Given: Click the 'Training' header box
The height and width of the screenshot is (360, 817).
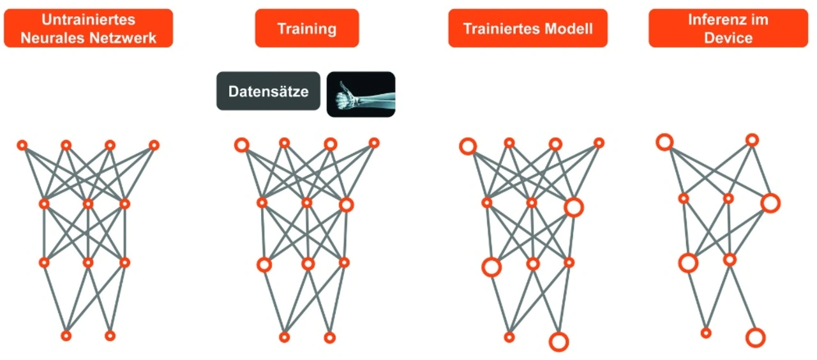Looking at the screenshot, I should (306, 29).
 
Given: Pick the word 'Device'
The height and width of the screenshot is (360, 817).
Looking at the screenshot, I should (728, 38).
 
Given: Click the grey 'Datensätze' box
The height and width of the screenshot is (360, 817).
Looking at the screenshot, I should (268, 91).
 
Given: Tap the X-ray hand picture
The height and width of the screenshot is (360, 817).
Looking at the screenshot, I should (361, 94).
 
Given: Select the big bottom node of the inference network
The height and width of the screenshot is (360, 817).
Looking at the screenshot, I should (755, 337).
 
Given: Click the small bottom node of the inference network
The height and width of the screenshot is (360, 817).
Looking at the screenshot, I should (705, 333).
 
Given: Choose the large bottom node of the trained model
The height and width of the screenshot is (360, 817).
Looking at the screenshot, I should (558, 341).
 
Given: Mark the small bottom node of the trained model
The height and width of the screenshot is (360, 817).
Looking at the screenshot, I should (509, 337).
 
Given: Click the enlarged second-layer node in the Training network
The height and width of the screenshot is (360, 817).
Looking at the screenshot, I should (346, 204).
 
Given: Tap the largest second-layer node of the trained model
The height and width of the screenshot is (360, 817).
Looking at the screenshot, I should (573, 207).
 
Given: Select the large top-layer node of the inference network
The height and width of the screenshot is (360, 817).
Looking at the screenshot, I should (664, 142).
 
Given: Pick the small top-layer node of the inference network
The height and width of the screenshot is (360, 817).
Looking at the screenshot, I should (752, 140).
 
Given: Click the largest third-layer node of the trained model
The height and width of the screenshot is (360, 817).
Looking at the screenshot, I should (491, 267).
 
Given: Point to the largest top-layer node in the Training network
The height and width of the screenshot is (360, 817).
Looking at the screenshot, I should (241, 145).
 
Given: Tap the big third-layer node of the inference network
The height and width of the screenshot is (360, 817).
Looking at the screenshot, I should (688, 262).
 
